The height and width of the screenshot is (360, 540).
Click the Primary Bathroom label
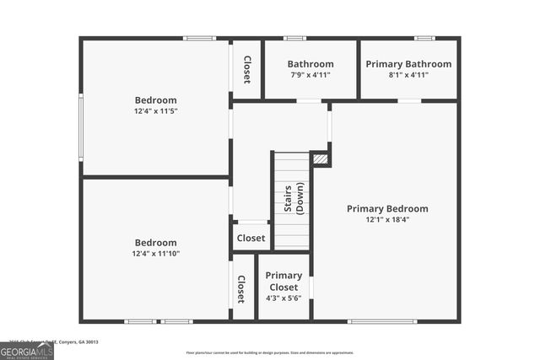(408, 64)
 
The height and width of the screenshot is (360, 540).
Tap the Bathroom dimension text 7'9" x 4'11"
(310, 75)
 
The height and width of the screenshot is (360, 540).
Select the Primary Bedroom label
(387, 209)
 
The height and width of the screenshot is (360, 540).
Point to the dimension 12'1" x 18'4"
(387, 220)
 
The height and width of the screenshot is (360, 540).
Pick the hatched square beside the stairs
(320, 158)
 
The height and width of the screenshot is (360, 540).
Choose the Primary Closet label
(283, 282)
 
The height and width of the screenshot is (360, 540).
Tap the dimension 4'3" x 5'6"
(283, 298)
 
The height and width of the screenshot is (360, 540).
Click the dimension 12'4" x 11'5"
(155, 111)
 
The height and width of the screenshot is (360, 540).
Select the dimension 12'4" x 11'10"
(155, 254)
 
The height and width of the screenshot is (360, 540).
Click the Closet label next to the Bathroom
(246, 69)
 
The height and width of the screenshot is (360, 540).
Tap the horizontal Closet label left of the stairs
(251, 239)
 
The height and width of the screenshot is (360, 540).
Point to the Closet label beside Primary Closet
(241, 289)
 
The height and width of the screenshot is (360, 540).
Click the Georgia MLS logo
(27, 350)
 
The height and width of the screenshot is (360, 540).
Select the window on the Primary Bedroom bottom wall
(382, 321)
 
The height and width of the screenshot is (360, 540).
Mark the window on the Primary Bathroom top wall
(424, 38)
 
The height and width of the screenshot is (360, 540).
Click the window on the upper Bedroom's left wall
(81, 126)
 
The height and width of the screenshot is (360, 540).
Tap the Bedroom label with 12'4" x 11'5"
(155, 100)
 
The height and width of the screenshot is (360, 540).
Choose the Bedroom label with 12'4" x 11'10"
(155, 243)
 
